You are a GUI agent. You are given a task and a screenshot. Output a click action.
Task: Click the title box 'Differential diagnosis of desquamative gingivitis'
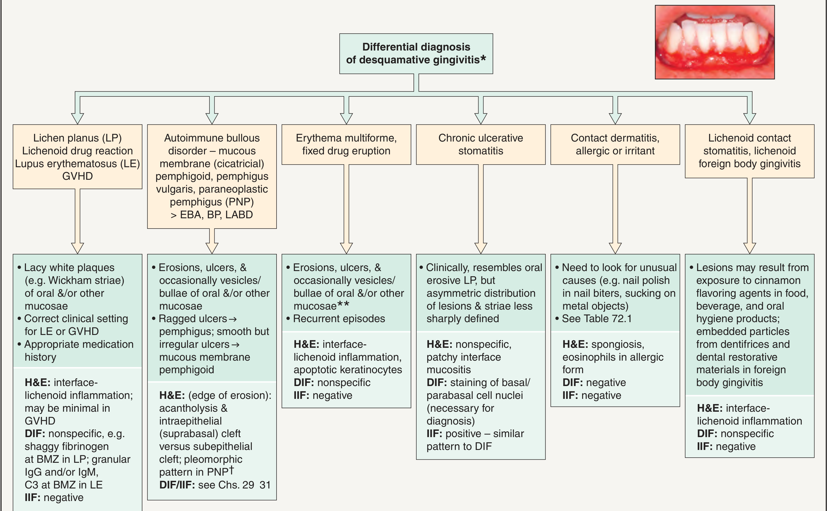pos(416,53)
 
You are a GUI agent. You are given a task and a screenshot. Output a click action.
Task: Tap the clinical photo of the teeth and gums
pos(715,42)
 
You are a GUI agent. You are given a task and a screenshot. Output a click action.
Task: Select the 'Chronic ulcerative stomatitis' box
pos(481,145)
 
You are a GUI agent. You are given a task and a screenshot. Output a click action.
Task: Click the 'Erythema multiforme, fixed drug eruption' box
pos(346,145)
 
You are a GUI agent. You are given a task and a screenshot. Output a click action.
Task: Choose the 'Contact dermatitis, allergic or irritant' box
pos(615,145)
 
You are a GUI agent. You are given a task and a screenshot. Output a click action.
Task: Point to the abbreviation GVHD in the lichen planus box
pos(77,176)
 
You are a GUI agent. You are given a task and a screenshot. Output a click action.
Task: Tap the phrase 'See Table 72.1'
pos(596,319)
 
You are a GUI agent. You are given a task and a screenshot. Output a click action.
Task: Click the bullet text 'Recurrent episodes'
pos(339,319)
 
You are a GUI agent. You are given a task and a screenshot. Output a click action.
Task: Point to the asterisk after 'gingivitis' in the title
pos(483,58)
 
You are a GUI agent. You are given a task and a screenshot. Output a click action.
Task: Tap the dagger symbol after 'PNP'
pos(231,469)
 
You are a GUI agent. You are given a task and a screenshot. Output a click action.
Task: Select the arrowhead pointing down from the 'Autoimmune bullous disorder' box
pos(212,249)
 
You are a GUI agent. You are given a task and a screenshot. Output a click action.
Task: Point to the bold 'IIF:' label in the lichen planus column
pos(33,498)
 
